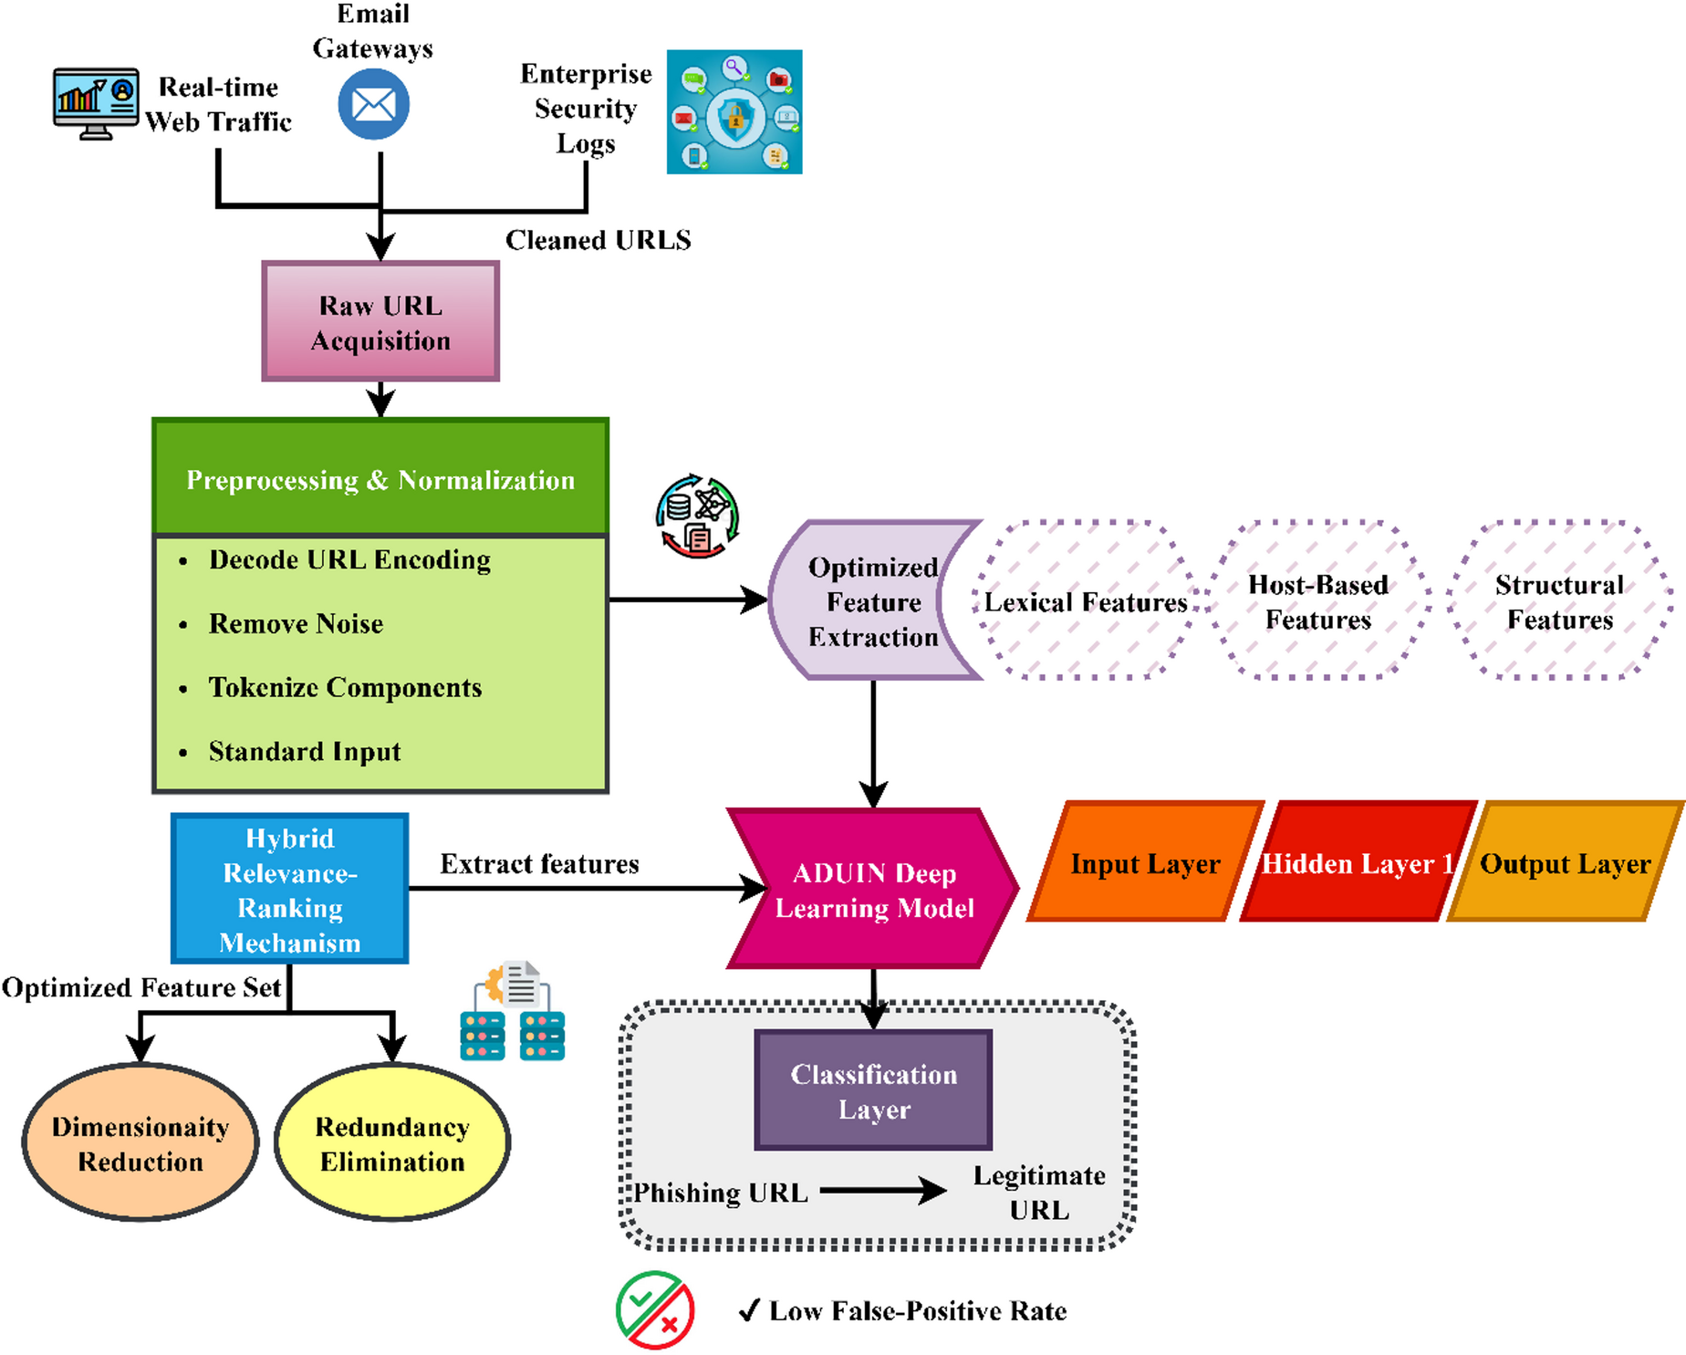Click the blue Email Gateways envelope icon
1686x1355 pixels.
373,105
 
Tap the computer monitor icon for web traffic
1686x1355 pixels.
96,103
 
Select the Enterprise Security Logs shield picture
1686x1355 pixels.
734,111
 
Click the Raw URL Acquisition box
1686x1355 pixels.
380,321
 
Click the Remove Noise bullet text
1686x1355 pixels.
296,624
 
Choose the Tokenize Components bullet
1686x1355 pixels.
345,688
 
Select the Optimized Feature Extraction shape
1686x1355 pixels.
873,601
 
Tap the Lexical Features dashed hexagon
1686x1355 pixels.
1085,600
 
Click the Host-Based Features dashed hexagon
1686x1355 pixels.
1318,600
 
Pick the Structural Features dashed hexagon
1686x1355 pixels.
1560,600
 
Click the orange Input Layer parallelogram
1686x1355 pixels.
1146,861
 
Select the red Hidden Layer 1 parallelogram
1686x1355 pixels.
1358,861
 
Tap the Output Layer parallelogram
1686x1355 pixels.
1566,861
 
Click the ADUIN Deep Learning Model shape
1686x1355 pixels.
873,888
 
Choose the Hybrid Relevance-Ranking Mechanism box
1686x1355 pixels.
290,889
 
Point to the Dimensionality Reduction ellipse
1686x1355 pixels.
140,1142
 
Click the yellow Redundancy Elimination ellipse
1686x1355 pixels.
392,1142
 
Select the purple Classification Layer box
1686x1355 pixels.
873,1090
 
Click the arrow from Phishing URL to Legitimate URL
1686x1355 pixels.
883,1190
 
